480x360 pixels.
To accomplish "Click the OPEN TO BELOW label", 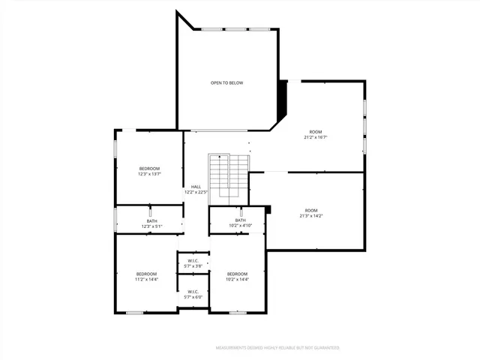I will [x=226, y=82].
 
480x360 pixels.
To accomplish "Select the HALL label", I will [x=196, y=187].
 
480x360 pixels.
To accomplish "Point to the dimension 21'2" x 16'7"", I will [x=316, y=137].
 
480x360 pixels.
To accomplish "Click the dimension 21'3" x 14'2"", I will [x=311, y=216].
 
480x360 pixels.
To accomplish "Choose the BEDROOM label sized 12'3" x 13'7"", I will [x=150, y=168].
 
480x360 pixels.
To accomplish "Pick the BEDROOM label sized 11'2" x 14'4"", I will [x=146, y=274].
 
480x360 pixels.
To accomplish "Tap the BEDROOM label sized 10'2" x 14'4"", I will [x=237, y=274].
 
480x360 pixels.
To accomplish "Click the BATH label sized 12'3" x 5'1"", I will [x=151, y=220].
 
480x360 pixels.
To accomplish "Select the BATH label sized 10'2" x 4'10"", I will [x=240, y=220].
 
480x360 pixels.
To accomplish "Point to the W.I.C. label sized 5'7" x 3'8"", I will [x=193, y=261].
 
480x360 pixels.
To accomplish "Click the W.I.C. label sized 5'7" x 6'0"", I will [x=193, y=292].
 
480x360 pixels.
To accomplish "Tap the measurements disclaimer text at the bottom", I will [x=277, y=348].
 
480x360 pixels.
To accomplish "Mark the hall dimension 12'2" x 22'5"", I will [x=196, y=192].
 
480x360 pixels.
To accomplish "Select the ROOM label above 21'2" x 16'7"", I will [x=316, y=131].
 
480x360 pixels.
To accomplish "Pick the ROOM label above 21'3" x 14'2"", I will [x=311, y=210].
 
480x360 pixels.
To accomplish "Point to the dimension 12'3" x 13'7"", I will [x=150, y=174].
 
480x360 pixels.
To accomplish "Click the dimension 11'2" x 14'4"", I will [x=146, y=280].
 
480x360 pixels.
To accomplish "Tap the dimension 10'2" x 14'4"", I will [x=237, y=280].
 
